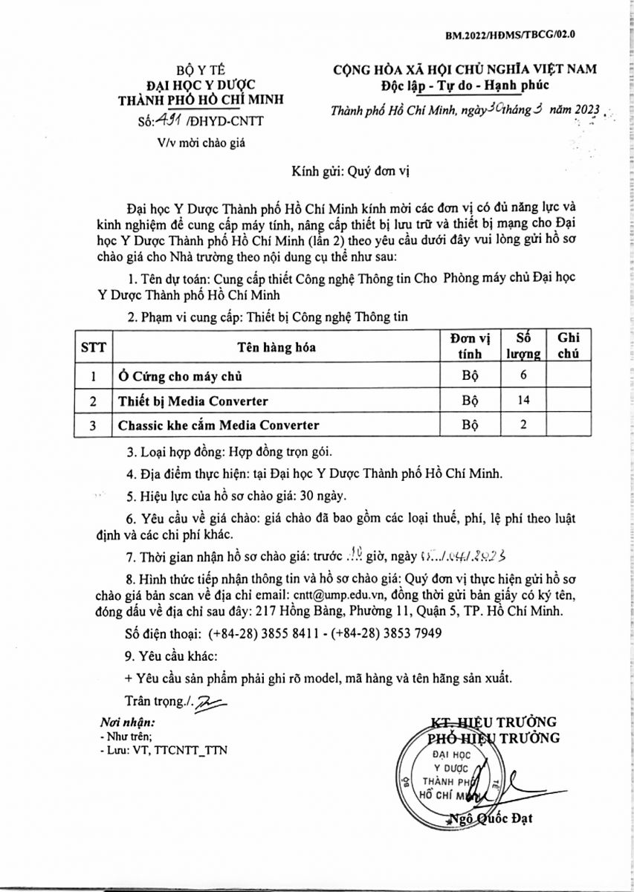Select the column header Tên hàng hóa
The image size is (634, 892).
click(x=276, y=347)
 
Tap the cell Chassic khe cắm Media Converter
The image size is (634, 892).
click(x=219, y=425)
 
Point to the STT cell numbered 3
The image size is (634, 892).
click(x=94, y=425)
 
